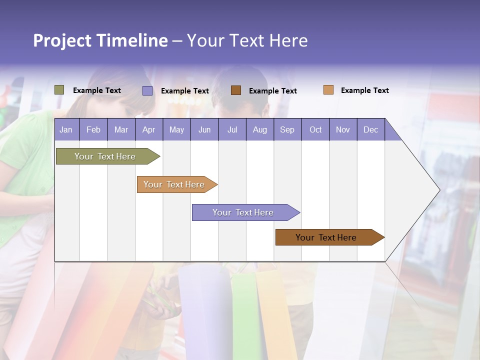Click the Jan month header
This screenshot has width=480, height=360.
pos(66,129)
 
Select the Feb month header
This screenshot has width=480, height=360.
pos(93,129)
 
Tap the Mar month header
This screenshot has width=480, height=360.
pos(121,129)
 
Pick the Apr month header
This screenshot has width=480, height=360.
pos(149,129)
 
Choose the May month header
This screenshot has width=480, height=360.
pos(176,129)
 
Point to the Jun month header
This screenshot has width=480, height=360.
pos(204,129)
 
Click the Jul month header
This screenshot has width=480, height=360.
pos(232,129)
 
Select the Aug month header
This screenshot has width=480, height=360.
pos(260,129)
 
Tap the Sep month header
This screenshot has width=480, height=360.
pos(287,129)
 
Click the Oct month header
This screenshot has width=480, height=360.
pos(315,129)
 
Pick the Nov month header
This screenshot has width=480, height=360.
pos(343,129)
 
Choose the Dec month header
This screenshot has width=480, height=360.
pos(371,129)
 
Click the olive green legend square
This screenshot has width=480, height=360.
pos(59,90)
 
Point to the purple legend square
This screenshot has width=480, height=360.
pos(147,90)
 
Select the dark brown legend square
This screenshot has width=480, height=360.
pos(236,90)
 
